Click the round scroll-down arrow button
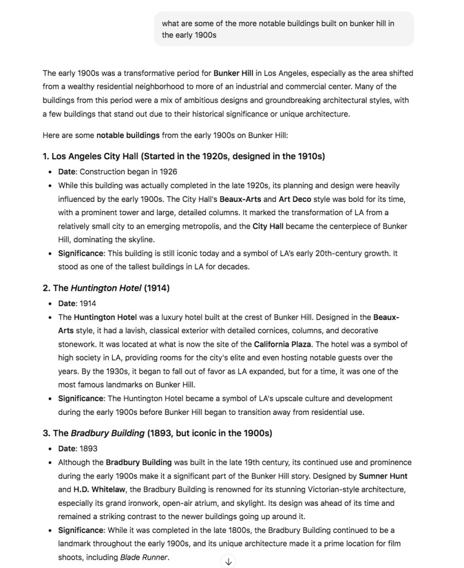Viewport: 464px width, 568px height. click(x=228, y=561)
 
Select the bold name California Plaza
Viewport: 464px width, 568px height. click(x=283, y=344)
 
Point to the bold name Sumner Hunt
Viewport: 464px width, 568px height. click(x=383, y=476)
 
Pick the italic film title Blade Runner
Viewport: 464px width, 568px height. click(x=144, y=557)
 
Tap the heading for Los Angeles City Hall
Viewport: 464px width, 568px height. click(x=184, y=156)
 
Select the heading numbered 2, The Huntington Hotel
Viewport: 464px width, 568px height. click(x=106, y=288)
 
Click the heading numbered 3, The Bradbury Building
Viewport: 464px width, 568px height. click(x=157, y=433)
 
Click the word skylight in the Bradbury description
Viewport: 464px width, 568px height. click(x=257, y=503)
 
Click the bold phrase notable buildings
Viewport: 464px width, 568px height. click(x=128, y=135)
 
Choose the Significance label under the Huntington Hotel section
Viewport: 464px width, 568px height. click(x=81, y=399)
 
